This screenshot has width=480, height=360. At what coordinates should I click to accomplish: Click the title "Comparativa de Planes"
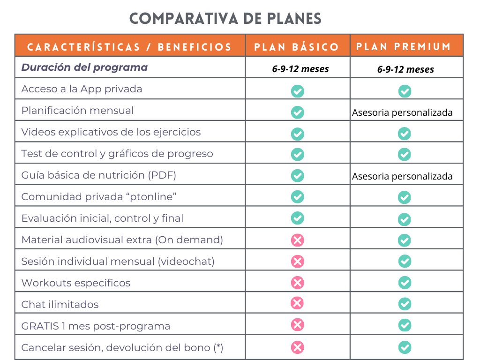tap(225, 18)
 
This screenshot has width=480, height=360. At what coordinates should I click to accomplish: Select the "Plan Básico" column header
tap(297, 47)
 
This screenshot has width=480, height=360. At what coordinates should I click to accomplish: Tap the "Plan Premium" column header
tap(404, 46)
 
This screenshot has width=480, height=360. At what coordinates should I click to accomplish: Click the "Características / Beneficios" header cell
tap(129, 47)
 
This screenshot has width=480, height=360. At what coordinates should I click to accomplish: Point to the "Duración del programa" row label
tap(84, 67)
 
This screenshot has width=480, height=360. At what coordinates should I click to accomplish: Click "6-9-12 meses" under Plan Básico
tap(300, 69)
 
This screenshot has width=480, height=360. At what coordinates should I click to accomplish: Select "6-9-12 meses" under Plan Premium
tap(405, 69)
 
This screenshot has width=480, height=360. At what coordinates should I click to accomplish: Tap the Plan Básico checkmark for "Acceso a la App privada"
tap(297, 91)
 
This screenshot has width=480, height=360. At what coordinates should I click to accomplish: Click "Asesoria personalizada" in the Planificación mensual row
tap(402, 112)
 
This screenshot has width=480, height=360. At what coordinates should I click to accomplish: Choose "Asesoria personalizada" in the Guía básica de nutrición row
tap(402, 176)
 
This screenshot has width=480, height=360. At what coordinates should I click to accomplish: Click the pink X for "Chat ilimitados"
tap(297, 303)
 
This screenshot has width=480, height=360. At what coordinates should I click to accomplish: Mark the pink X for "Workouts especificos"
tap(297, 282)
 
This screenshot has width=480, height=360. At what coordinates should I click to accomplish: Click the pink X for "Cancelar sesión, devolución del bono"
tap(297, 347)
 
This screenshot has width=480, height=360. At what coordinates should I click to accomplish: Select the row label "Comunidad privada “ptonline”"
tap(99, 196)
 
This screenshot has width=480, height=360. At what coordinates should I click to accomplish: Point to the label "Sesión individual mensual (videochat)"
tap(118, 261)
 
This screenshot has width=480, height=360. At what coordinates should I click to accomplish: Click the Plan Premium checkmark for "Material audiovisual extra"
tap(405, 240)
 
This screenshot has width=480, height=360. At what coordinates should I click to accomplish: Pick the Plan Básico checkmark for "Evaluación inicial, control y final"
tap(297, 218)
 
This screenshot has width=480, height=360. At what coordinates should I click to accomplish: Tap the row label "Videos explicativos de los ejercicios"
tap(111, 132)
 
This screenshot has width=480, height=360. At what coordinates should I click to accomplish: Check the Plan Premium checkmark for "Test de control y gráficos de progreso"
tap(405, 154)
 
